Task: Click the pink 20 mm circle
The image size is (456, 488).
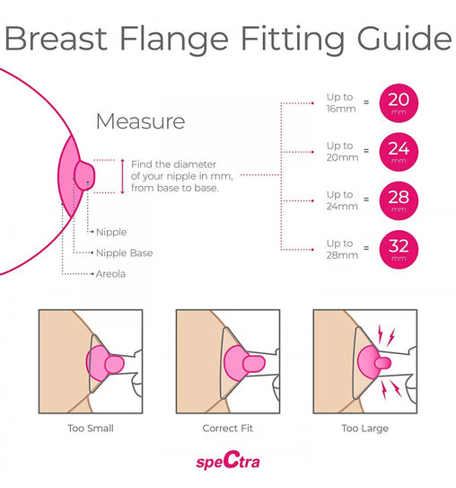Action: (x=399, y=103)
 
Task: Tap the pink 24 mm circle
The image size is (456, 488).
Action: (x=399, y=152)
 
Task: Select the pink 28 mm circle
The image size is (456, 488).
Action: (x=399, y=200)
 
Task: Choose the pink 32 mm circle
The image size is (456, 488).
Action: (x=399, y=250)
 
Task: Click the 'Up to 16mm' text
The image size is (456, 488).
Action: (x=341, y=102)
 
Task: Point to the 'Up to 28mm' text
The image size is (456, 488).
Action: (x=342, y=249)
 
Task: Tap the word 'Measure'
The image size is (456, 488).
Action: (x=141, y=121)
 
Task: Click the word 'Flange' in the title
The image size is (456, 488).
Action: (x=174, y=39)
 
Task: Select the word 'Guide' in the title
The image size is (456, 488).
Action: (x=404, y=38)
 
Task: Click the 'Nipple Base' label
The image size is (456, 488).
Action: (x=125, y=253)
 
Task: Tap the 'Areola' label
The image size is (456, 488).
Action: (x=110, y=274)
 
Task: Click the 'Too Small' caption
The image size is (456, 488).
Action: (x=91, y=429)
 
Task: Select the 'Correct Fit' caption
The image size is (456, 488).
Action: (x=227, y=429)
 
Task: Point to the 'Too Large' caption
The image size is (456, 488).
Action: (x=365, y=429)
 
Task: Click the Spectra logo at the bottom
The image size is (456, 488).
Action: (x=228, y=461)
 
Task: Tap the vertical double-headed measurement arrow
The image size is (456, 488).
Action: (x=122, y=176)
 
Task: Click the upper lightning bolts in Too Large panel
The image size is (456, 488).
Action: (x=386, y=335)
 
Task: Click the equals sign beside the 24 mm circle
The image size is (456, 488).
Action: (x=366, y=151)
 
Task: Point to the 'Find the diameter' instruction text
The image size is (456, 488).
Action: (x=182, y=176)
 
